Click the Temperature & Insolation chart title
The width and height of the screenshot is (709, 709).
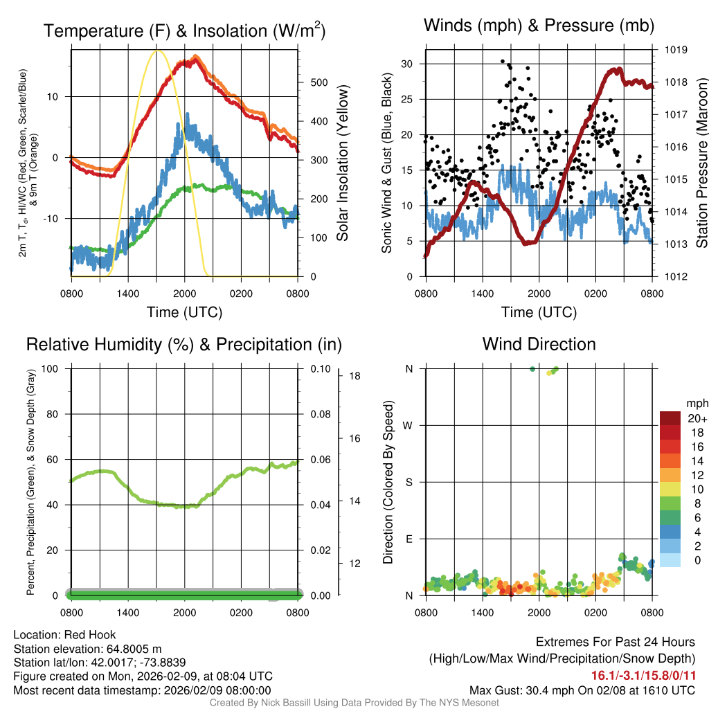(184, 30)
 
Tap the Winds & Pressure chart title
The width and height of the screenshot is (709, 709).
(539, 26)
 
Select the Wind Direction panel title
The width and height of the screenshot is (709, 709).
(539, 344)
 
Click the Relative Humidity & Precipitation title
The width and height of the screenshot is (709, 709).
(184, 344)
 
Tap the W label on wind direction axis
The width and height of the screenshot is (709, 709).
(409, 425)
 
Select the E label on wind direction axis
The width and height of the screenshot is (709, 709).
(409, 539)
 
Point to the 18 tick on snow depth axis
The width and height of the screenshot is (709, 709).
(353, 376)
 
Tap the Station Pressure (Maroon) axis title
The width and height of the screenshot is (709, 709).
(701, 163)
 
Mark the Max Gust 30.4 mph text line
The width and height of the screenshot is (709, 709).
(582, 690)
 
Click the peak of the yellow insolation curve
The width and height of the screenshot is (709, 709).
(157, 51)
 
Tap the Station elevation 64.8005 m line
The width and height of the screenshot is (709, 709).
(87, 649)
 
